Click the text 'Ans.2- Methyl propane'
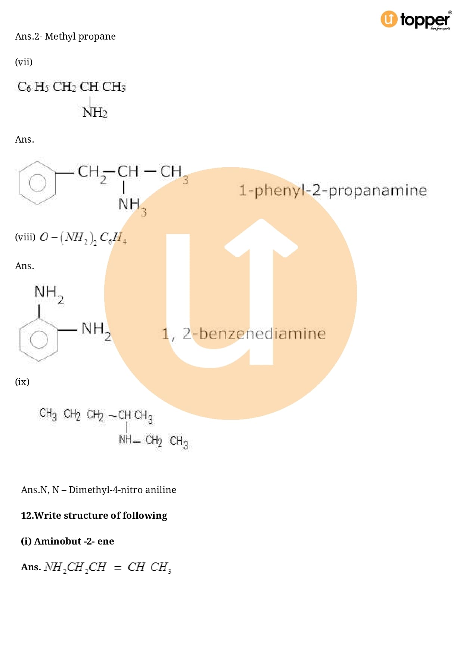point(65,37)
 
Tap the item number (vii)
point(24,62)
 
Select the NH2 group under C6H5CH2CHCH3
point(95,112)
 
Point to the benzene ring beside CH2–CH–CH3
point(37,183)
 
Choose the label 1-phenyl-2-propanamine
point(332,190)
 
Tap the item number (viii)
point(25,237)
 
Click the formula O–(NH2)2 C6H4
point(83,238)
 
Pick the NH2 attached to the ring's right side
point(96,330)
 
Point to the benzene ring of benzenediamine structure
point(38,339)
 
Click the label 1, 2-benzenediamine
point(243,334)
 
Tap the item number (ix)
point(22,382)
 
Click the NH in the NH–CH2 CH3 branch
point(125,440)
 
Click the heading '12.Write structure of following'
point(94,515)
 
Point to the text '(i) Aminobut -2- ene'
point(68,541)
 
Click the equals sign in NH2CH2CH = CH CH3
point(118,568)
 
